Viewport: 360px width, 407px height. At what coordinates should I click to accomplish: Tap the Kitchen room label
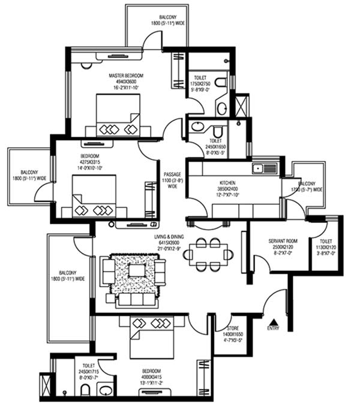coord(227,182)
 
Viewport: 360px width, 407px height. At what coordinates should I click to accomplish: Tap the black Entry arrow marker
coord(274,322)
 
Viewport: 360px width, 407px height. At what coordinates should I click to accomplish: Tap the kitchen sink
coord(264,168)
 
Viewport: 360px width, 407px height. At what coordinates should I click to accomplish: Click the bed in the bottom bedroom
coord(151,336)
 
